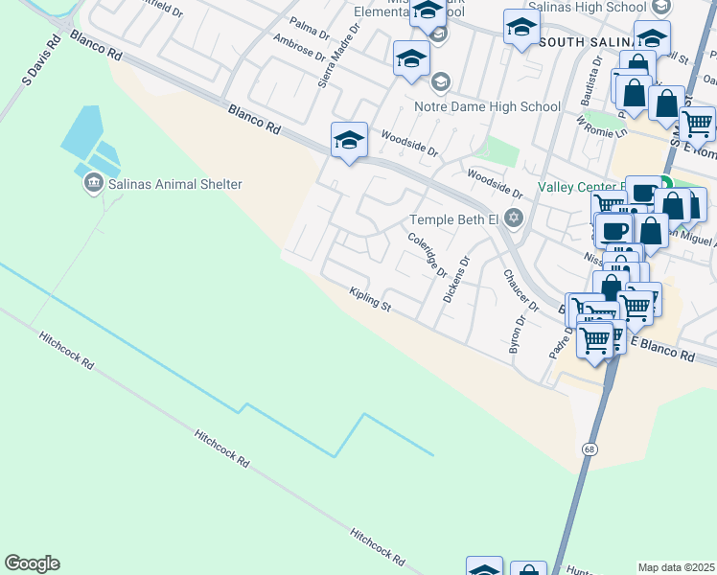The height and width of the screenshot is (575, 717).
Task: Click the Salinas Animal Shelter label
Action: (x=175, y=184)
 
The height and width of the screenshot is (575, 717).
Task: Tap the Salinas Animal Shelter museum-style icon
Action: (x=94, y=183)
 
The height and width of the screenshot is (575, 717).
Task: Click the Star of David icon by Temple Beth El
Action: (x=514, y=218)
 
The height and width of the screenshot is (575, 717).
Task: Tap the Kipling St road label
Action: (x=371, y=301)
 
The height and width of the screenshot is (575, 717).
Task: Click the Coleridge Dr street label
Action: (x=428, y=254)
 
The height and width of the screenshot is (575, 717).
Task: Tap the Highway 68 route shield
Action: (x=588, y=448)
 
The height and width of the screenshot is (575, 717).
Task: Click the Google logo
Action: (x=32, y=563)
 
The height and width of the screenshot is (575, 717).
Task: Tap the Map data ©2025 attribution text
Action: (x=677, y=567)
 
